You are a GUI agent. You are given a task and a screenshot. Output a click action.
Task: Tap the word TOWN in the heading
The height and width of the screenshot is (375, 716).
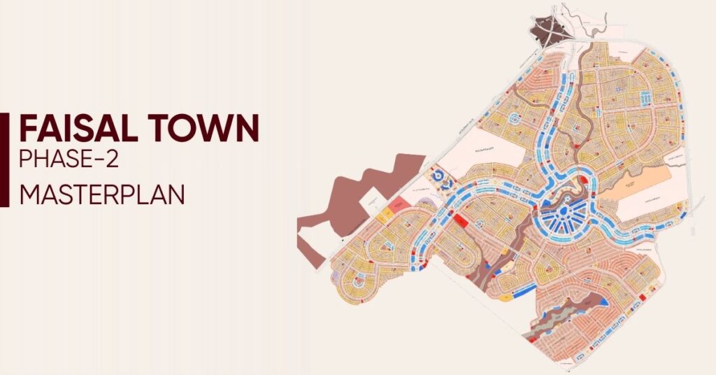point(214,129)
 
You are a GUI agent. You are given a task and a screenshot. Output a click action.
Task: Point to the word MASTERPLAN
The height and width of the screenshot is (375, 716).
point(102,193)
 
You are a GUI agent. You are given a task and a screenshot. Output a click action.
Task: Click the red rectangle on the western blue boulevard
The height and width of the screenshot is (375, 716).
point(460,220)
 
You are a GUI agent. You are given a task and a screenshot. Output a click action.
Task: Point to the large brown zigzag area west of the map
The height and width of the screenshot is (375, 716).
point(364,189)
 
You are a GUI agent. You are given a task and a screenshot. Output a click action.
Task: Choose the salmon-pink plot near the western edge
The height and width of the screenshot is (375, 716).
point(397,205)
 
